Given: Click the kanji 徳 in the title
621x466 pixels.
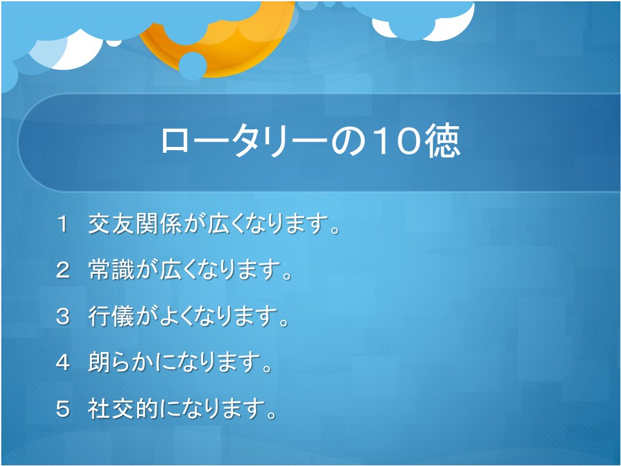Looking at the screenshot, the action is tap(442, 141).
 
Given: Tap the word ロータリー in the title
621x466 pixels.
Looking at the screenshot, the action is tap(245, 142).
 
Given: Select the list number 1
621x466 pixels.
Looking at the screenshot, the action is tap(63, 224).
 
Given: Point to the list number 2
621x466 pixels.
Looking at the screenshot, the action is tap(63, 271).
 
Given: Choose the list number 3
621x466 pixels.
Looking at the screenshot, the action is tap(63, 316).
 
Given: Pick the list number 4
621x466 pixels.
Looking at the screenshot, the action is tap(63, 362).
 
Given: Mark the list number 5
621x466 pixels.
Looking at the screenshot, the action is tap(63, 409).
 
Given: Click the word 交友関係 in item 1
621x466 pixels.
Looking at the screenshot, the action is tap(135, 224).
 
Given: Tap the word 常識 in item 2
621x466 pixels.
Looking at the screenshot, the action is tap(111, 270).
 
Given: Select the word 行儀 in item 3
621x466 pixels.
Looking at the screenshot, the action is tap(111, 316).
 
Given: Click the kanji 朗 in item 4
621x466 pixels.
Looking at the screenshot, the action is tap(99, 362).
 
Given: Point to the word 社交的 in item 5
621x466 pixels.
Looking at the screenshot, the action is tap(123, 408).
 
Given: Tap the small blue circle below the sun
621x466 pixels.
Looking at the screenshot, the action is tap(193, 66).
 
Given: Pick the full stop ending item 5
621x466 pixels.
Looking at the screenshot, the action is tap(271, 415).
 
